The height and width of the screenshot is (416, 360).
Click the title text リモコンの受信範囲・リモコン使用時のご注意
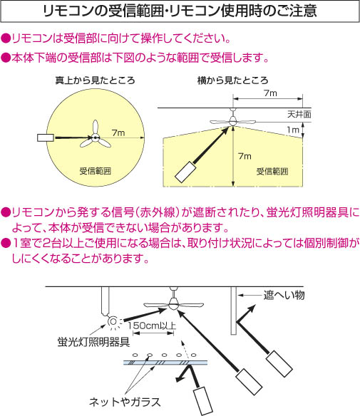coord(180,11)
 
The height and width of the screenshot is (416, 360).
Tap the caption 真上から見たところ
coord(95,80)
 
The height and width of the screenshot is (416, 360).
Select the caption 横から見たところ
coord(233,80)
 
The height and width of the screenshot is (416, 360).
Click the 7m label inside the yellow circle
coord(118,132)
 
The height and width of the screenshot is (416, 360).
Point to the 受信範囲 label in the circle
coord(96,171)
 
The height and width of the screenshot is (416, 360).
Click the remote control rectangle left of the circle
coord(46,137)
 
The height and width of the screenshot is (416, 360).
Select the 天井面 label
coord(299,115)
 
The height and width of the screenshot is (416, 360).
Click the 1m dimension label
coord(293,130)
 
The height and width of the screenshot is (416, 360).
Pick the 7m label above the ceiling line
coord(270,93)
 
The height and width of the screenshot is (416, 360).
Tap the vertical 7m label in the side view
coord(245,156)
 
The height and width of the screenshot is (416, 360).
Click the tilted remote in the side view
coord(185,172)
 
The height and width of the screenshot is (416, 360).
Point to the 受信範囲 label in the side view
coord(272,172)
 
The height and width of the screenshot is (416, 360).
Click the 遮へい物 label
coord(284,295)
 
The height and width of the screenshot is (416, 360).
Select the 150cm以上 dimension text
coord(152,326)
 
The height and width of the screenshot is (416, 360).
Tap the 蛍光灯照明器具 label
coord(93,342)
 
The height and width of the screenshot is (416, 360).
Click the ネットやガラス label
coord(125,402)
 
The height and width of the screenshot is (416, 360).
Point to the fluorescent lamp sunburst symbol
coord(113,322)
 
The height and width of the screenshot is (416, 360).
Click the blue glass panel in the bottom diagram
coord(165,363)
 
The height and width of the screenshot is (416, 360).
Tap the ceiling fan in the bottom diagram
coord(174,303)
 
